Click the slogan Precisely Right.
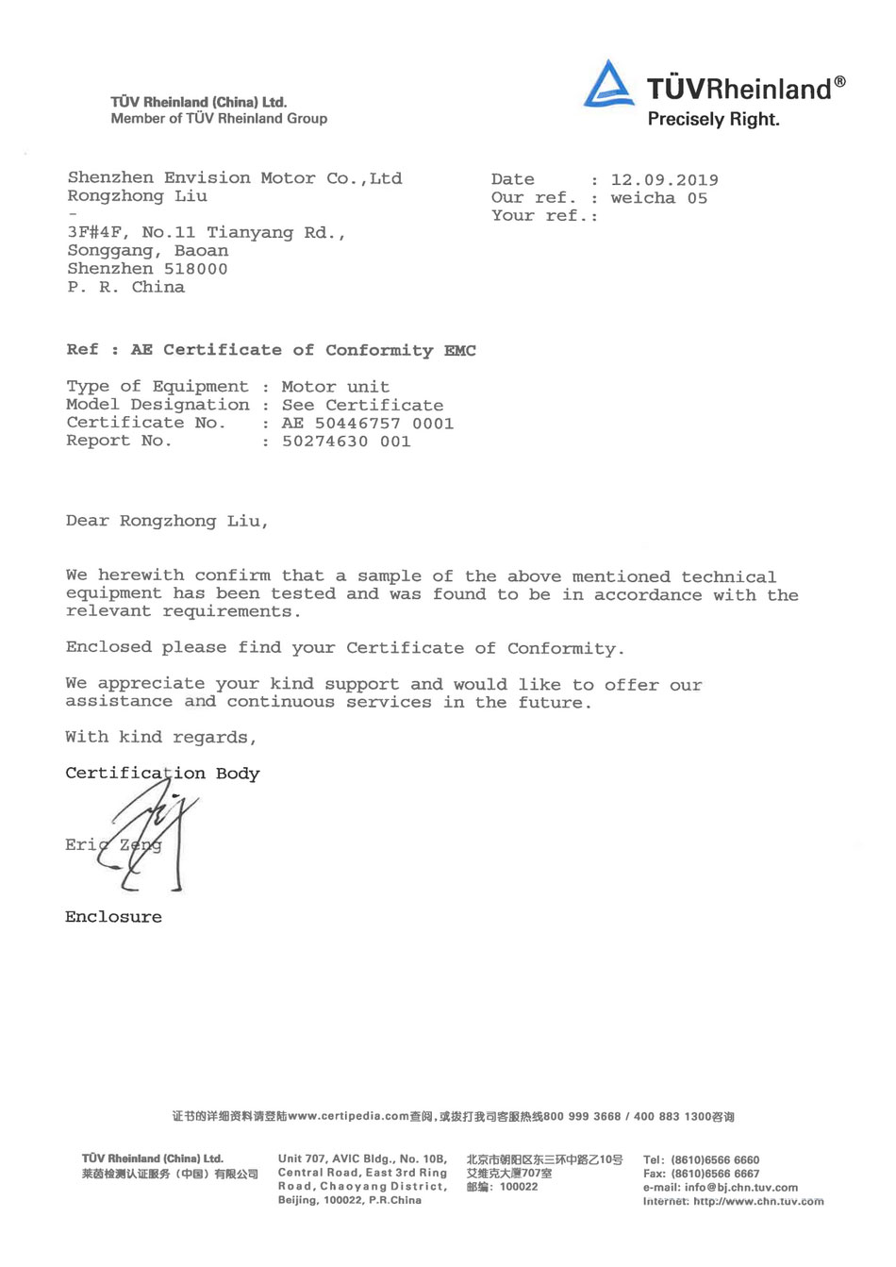713,120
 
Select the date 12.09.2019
664,180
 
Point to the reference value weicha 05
658,198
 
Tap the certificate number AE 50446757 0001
367,424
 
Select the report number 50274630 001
346,442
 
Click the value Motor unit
335,387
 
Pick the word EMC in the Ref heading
459,351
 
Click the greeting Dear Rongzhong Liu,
167,521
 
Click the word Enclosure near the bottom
113,917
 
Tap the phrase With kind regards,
160,737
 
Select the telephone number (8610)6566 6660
714,1160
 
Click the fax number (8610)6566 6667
714,1174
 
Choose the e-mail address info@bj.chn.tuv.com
740,1188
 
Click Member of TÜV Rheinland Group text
219,119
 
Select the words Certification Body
162,774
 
